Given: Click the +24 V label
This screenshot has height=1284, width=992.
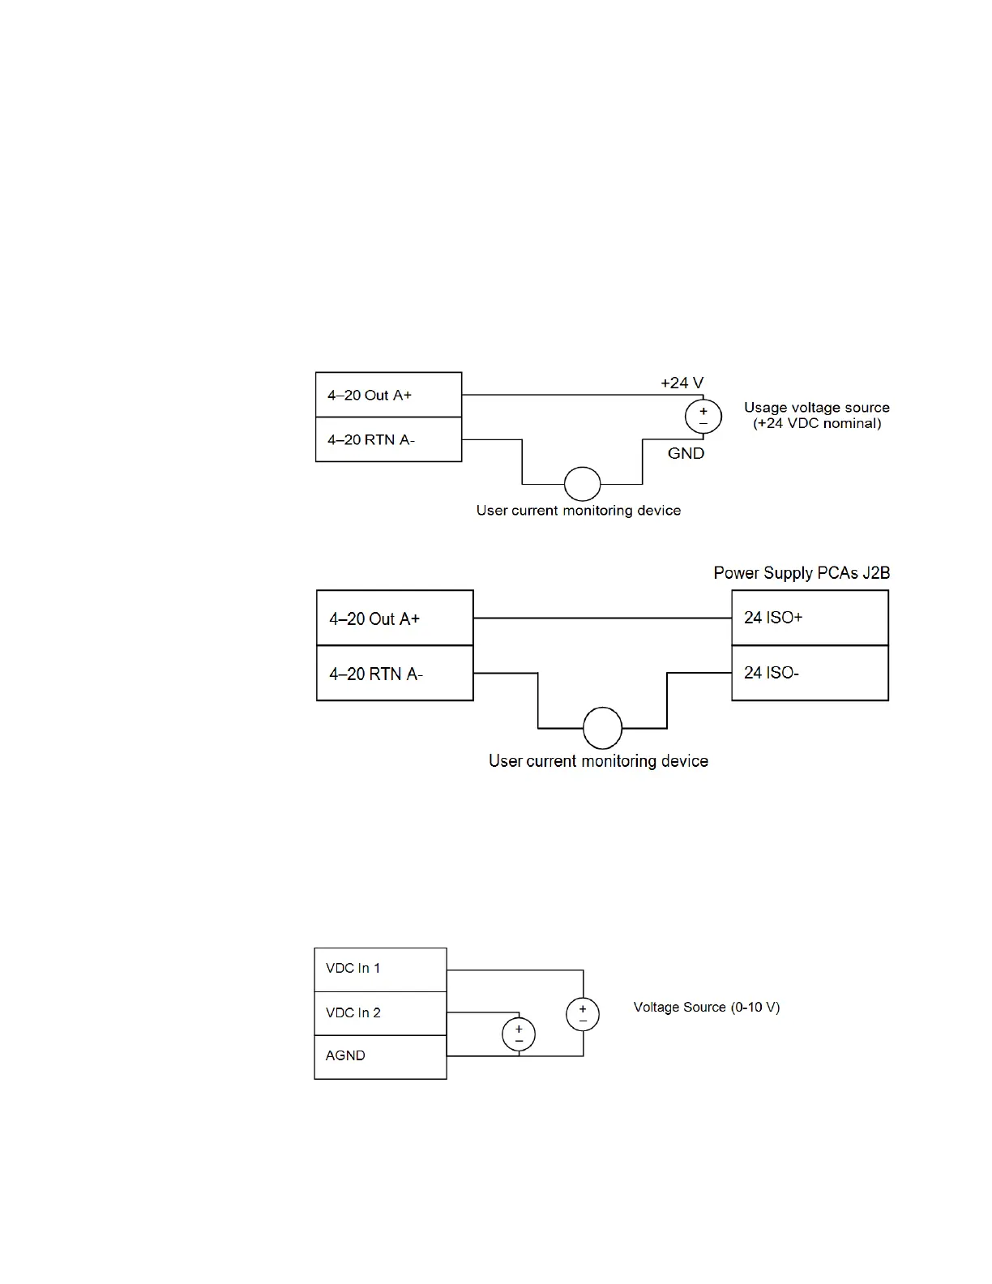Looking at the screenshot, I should click(x=682, y=383).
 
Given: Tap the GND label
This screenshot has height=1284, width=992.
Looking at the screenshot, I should click(x=686, y=453).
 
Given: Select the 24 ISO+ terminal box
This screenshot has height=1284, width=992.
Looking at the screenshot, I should click(x=810, y=618).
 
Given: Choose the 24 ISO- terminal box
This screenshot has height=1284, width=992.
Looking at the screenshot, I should click(x=810, y=673).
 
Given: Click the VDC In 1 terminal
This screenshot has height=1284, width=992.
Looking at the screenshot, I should click(x=380, y=969).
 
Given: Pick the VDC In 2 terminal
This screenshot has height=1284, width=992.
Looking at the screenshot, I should click(x=380, y=1013).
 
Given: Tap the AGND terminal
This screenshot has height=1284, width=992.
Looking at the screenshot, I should click(x=380, y=1056).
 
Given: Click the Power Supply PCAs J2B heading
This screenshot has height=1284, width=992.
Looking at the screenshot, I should click(x=802, y=573).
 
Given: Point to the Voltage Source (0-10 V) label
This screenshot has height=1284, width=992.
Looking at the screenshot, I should click(x=706, y=1007).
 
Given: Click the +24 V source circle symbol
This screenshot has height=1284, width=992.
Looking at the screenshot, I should click(x=703, y=417).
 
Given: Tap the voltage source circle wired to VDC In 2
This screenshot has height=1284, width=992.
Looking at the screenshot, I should click(x=519, y=1034).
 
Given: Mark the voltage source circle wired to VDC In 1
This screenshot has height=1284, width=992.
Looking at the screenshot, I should click(x=583, y=1015).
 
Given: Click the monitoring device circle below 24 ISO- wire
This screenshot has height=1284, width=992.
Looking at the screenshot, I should click(x=602, y=727).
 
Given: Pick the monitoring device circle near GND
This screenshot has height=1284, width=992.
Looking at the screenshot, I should click(x=582, y=484).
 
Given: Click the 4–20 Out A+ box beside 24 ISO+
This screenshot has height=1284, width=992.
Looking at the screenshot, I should click(x=395, y=618).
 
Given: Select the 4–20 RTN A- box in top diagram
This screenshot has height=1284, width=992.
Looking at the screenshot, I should click(x=388, y=439).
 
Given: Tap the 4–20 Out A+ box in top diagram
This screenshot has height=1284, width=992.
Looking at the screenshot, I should click(x=388, y=395).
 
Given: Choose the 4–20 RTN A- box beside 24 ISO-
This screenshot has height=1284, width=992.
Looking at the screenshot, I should click(x=395, y=673).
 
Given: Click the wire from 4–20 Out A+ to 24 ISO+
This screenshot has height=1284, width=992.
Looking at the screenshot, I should click(x=602, y=618).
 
